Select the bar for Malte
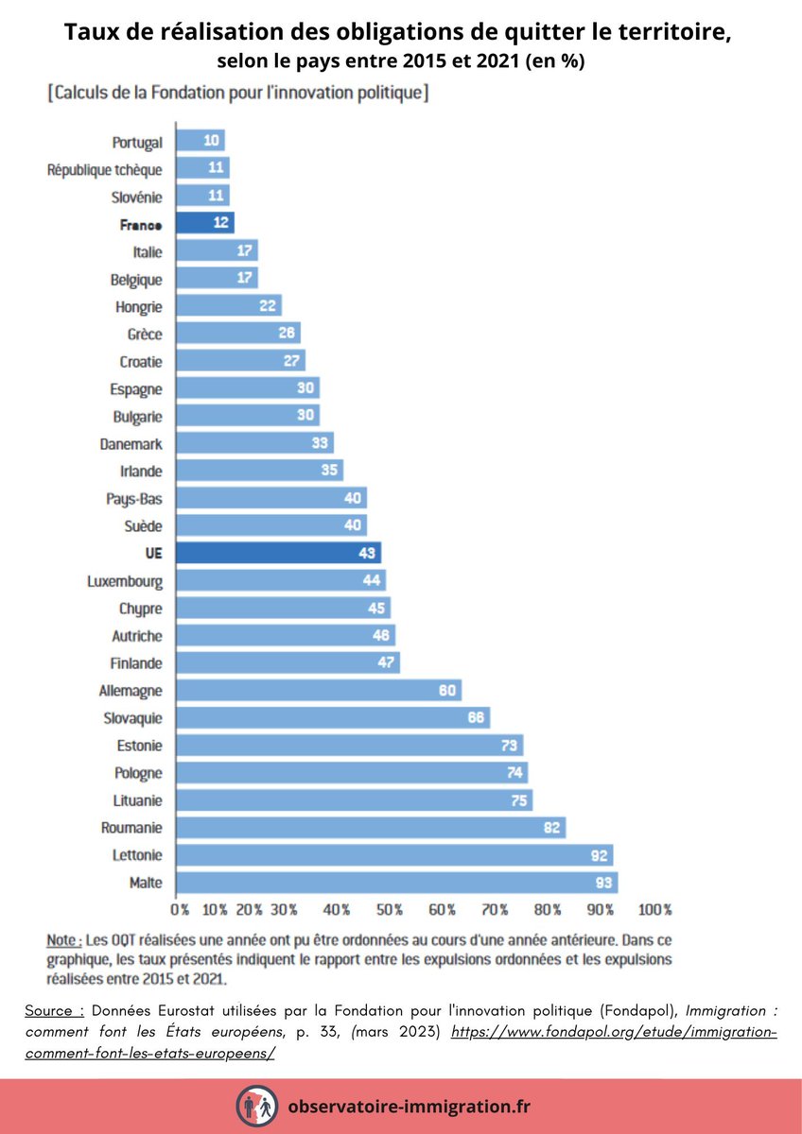(397, 883)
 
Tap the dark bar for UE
(279, 553)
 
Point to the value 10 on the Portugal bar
(212, 142)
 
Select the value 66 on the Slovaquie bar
(476, 718)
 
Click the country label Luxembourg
(125, 581)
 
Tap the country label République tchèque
(105, 169)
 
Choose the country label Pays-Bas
(135, 498)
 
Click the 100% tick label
(654, 910)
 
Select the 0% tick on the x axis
(180, 910)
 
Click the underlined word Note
(62, 941)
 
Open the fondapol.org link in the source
(614, 1033)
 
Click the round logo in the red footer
(255, 1105)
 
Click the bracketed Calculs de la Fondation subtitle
(237, 94)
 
